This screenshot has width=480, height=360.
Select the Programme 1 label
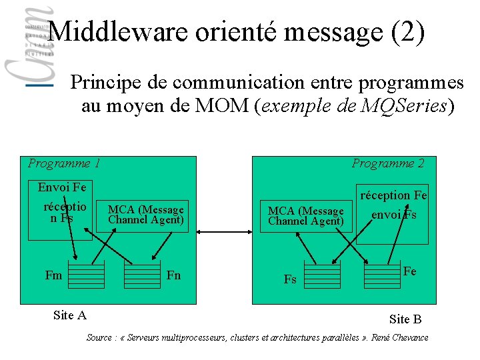point(64,163)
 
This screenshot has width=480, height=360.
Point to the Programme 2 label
point(388,163)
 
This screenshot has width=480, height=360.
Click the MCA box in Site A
point(146,215)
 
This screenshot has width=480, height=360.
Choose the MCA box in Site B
point(306,215)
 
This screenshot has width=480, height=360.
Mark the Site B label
point(405,319)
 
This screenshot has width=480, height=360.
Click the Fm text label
point(53,275)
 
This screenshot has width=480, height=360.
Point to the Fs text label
point(290,279)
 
